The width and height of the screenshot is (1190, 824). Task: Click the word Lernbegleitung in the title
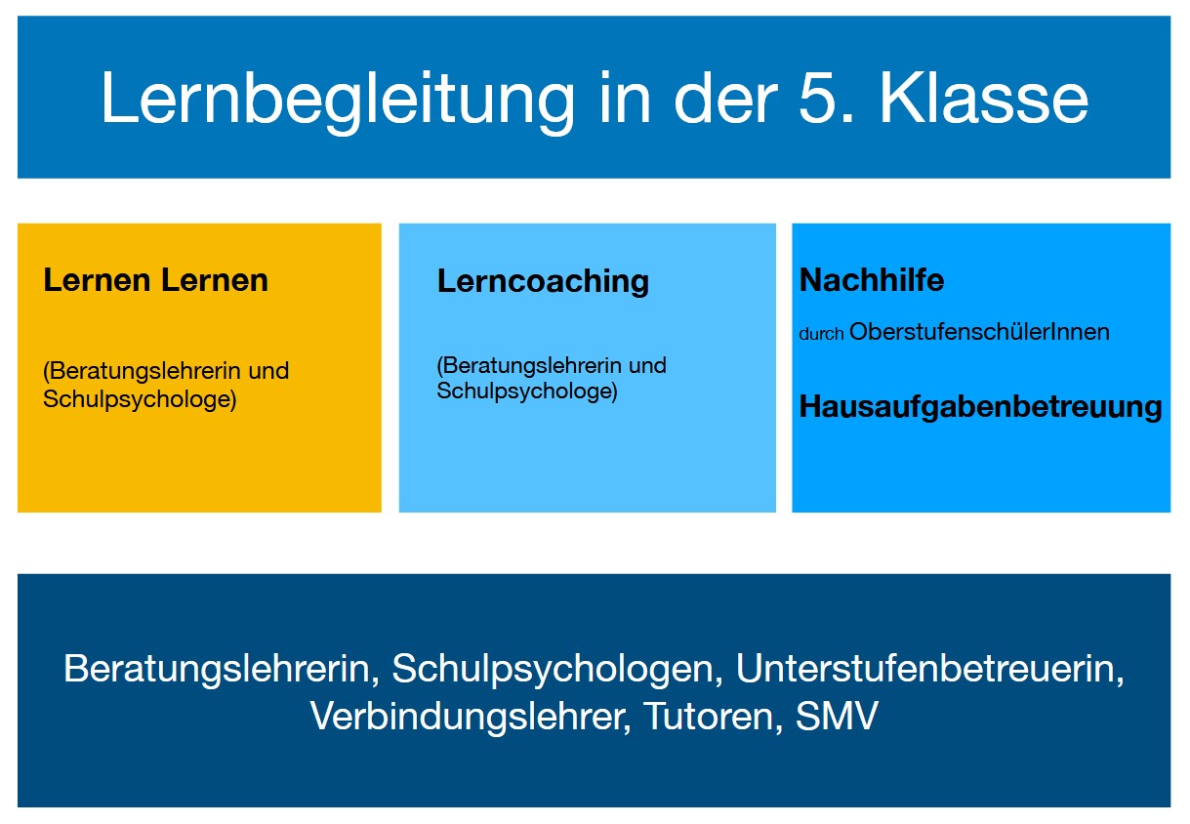point(337,99)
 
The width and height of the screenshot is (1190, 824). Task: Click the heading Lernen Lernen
point(155,280)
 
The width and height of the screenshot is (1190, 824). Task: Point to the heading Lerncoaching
point(543,281)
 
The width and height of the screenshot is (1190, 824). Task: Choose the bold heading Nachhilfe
point(872,280)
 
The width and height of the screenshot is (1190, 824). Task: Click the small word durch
point(821,334)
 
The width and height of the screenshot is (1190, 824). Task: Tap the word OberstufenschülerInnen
point(979,332)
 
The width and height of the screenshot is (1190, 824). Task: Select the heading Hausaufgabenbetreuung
point(980,406)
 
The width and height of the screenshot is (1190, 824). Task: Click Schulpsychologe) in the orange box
point(140,400)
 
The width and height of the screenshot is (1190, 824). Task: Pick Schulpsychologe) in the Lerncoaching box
point(527,391)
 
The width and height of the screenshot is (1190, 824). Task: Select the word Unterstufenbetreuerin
point(929,670)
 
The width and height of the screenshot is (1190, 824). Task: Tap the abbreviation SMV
point(838,717)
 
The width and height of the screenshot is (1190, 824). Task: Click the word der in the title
point(718,99)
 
